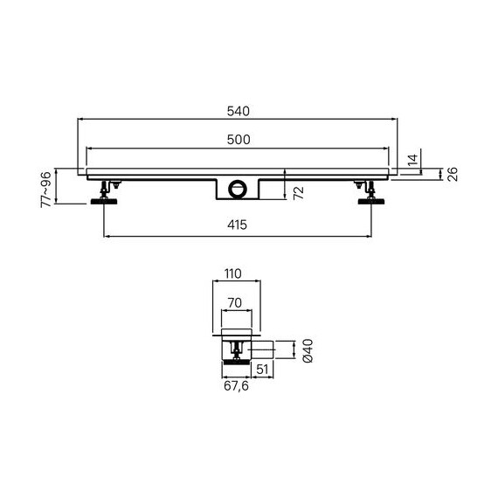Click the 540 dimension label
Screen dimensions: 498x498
(x=239, y=111)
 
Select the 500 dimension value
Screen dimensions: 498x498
(x=239, y=140)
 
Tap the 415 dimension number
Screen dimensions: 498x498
(x=237, y=225)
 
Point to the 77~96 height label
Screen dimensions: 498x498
(x=45, y=190)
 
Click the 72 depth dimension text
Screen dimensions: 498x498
(x=299, y=193)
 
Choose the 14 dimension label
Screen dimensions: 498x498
(x=412, y=160)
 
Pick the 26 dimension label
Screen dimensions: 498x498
(x=453, y=175)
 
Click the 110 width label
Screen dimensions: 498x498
(x=233, y=273)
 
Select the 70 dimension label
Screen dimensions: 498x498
(x=235, y=302)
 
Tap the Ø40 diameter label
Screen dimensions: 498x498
(x=308, y=350)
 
